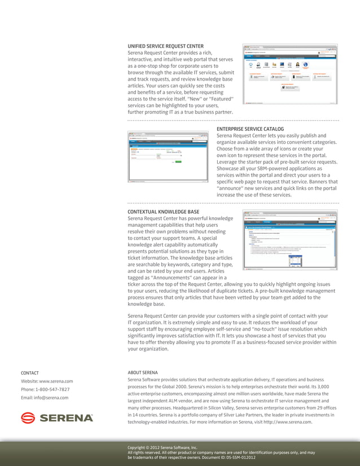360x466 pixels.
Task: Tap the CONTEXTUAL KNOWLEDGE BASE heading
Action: coord(163,212)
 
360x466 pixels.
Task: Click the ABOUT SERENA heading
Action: coord(143,372)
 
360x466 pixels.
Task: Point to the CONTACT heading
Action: coord(30,373)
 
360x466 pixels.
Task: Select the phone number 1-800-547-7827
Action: coord(54,390)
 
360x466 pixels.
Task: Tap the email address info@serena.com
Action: coord(51,398)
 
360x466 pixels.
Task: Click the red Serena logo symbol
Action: coord(28,418)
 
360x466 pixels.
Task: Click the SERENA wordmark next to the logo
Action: coord(65,418)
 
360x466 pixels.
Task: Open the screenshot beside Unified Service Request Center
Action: coord(290,74)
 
